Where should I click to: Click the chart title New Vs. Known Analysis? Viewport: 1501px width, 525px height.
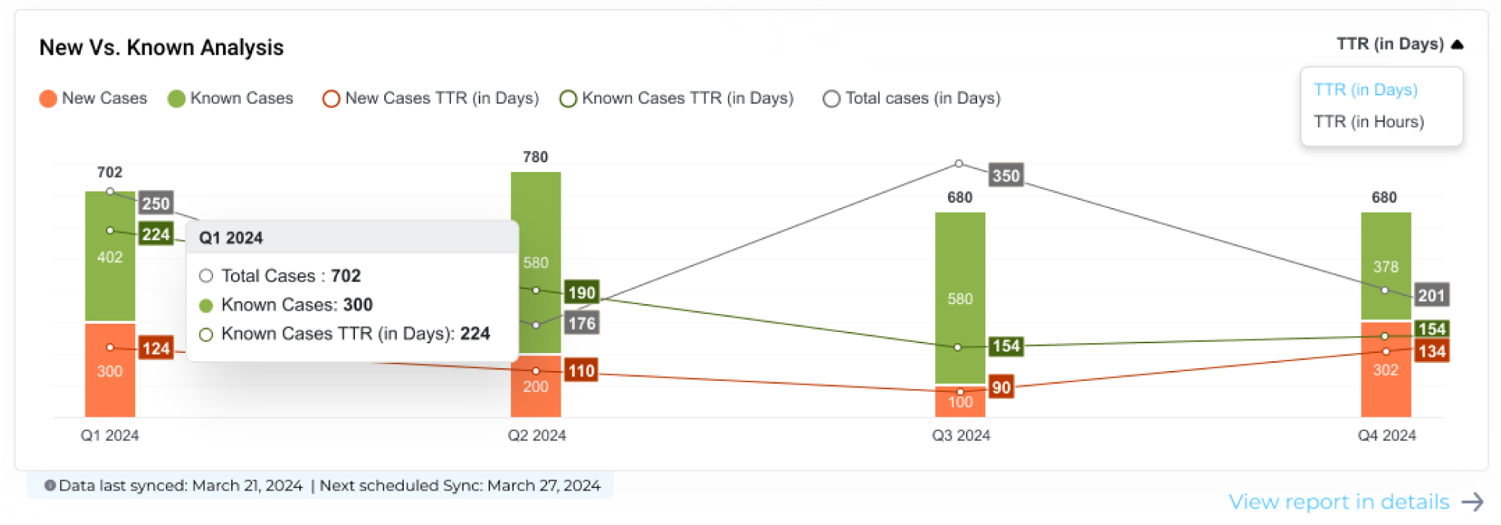(161, 47)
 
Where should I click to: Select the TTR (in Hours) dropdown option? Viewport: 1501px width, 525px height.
(1368, 122)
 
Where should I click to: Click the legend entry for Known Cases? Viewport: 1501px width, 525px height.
(230, 98)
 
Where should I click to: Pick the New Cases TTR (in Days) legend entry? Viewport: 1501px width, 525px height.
(431, 98)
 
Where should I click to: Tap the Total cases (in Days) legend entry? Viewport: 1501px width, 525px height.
(912, 98)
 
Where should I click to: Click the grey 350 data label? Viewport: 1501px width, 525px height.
(1006, 176)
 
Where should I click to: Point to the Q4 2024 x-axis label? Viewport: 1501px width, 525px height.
(1386, 436)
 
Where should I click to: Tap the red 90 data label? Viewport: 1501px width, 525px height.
(1001, 388)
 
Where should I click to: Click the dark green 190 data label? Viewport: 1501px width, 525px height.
(582, 293)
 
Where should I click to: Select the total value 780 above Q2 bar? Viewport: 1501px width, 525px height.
(535, 157)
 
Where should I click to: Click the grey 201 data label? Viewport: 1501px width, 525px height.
(1431, 295)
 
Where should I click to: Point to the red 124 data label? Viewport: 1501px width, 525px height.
(156, 348)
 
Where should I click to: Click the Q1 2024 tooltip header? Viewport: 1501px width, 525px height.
(231, 238)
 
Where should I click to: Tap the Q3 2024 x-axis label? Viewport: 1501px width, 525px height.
(961, 436)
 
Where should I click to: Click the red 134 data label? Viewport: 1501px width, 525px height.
(1431, 352)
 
